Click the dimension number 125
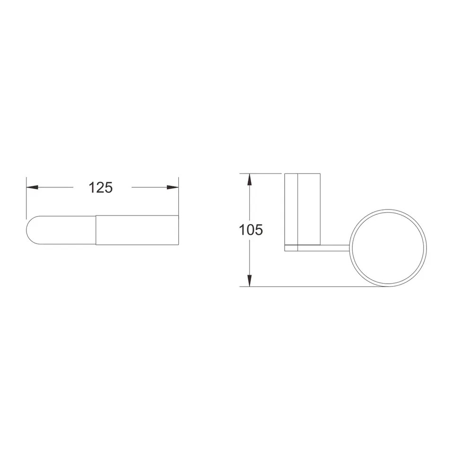101,187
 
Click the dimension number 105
251,230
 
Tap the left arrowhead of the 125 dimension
32,187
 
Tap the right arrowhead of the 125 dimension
173,187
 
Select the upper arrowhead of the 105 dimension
250,179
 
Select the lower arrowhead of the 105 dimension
250,281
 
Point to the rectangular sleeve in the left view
137,230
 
